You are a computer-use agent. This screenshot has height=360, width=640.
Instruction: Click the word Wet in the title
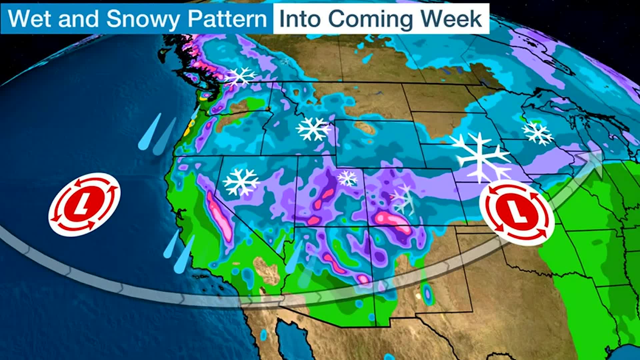(x=29, y=19)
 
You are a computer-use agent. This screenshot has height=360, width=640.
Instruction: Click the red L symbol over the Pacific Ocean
(x=84, y=204)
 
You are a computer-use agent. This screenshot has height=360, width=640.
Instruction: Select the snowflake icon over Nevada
(x=241, y=182)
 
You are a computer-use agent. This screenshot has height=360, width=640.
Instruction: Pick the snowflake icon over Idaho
(x=312, y=129)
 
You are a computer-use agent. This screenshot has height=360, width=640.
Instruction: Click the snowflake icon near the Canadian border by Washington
(x=240, y=76)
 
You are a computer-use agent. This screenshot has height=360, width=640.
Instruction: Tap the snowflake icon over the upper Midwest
(x=537, y=133)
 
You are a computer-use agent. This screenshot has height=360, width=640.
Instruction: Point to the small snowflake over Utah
(x=347, y=178)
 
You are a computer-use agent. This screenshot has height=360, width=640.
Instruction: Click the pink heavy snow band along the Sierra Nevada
(x=219, y=217)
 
